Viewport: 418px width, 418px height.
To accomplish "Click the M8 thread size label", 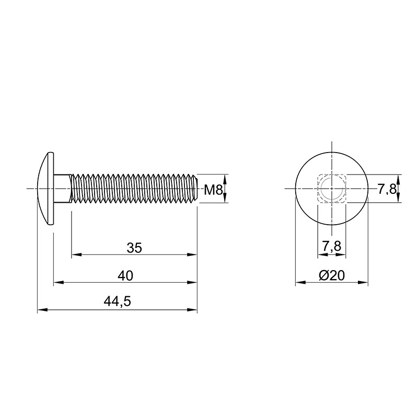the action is pos(213,190).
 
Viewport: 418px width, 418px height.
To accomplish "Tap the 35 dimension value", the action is pos(134,248).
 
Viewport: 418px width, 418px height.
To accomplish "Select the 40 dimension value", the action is pos(125,276).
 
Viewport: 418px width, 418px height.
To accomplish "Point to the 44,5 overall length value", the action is pos(118,301).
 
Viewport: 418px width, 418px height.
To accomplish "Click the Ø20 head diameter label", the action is pos(332,276).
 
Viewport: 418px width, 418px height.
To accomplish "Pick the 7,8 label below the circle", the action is pos(332,246).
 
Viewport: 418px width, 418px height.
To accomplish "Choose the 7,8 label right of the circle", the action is pos(387,190).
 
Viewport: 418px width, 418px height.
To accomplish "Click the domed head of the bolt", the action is pos(46,189).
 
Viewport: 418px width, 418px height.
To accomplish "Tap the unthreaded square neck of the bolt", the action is pos(62,189).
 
